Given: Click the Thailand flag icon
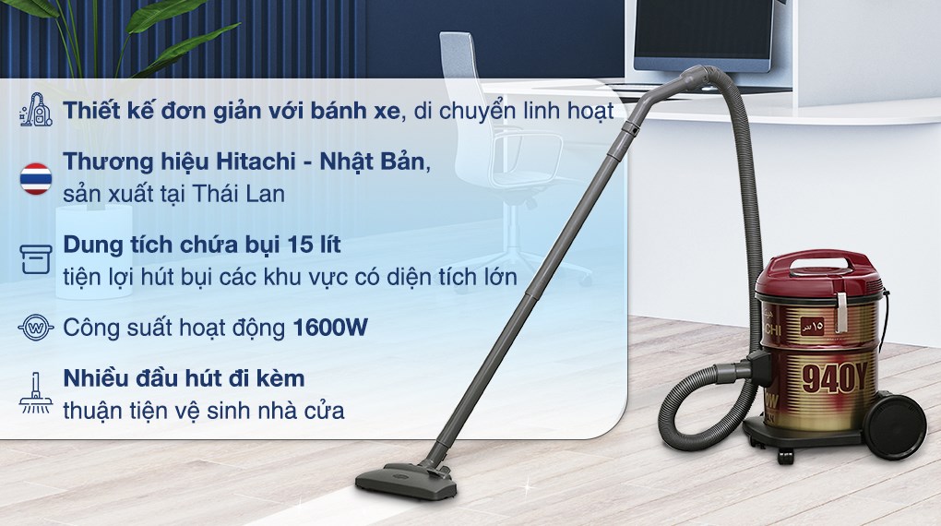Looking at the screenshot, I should [36, 176].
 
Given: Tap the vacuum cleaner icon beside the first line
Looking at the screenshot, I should [36, 113].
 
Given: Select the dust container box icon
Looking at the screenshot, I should [36, 257].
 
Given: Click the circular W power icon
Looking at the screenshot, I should [36, 328].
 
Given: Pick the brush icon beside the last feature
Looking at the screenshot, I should [36, 391].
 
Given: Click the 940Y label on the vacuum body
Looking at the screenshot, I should [834, 376].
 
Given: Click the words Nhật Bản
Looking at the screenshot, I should [378, 161].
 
